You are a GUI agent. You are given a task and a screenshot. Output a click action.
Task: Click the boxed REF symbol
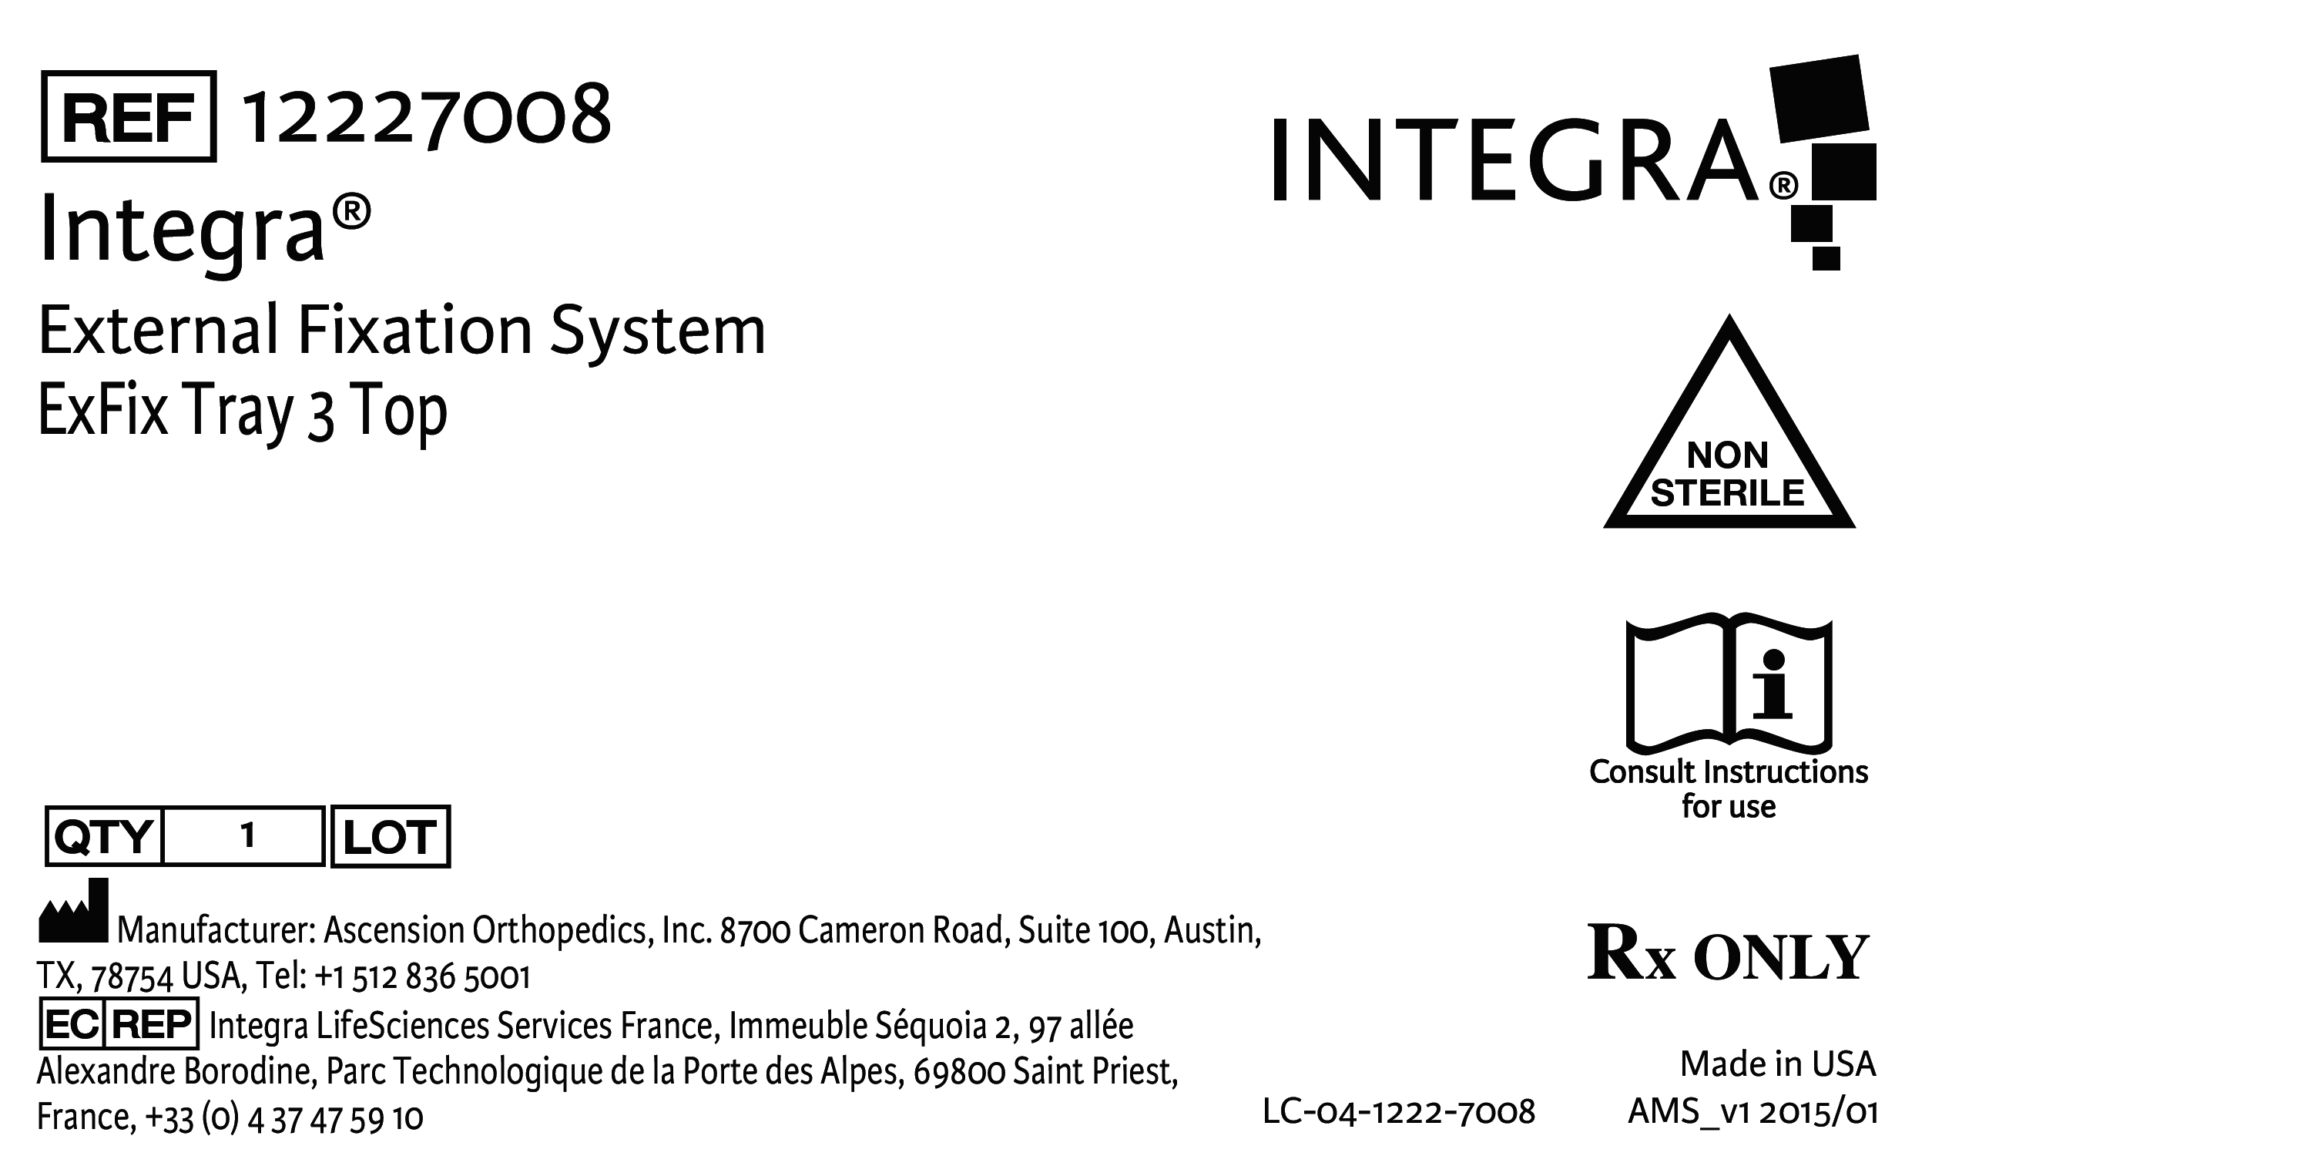129,116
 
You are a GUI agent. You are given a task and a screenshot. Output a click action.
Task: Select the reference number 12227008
427,116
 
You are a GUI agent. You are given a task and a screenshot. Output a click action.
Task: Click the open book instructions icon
1728,684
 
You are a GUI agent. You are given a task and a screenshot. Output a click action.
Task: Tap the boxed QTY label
104,836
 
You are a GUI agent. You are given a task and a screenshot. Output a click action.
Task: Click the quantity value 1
247,836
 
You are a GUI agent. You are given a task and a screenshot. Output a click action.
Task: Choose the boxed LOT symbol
391,836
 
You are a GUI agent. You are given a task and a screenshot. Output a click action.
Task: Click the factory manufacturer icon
73,912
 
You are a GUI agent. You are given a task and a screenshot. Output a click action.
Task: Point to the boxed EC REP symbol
119,1023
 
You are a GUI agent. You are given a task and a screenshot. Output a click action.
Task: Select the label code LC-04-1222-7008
1399,1112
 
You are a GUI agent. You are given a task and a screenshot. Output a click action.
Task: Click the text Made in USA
1777,1064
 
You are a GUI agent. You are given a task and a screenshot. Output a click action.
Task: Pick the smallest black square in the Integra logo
1826,257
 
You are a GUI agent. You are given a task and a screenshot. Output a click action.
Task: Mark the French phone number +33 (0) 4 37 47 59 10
283,1118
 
